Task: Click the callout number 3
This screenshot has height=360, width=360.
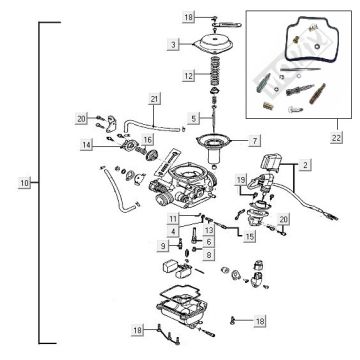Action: pos(174,45)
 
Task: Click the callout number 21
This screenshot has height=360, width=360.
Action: pos(154,99)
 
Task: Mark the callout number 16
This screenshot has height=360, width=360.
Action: pos(147,140)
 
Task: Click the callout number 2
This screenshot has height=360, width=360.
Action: pos(305,160)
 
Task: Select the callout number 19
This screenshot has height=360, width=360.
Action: pos(241,178)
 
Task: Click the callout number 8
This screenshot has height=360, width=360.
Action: pos(208,255)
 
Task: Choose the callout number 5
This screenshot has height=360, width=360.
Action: pos(194,119)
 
